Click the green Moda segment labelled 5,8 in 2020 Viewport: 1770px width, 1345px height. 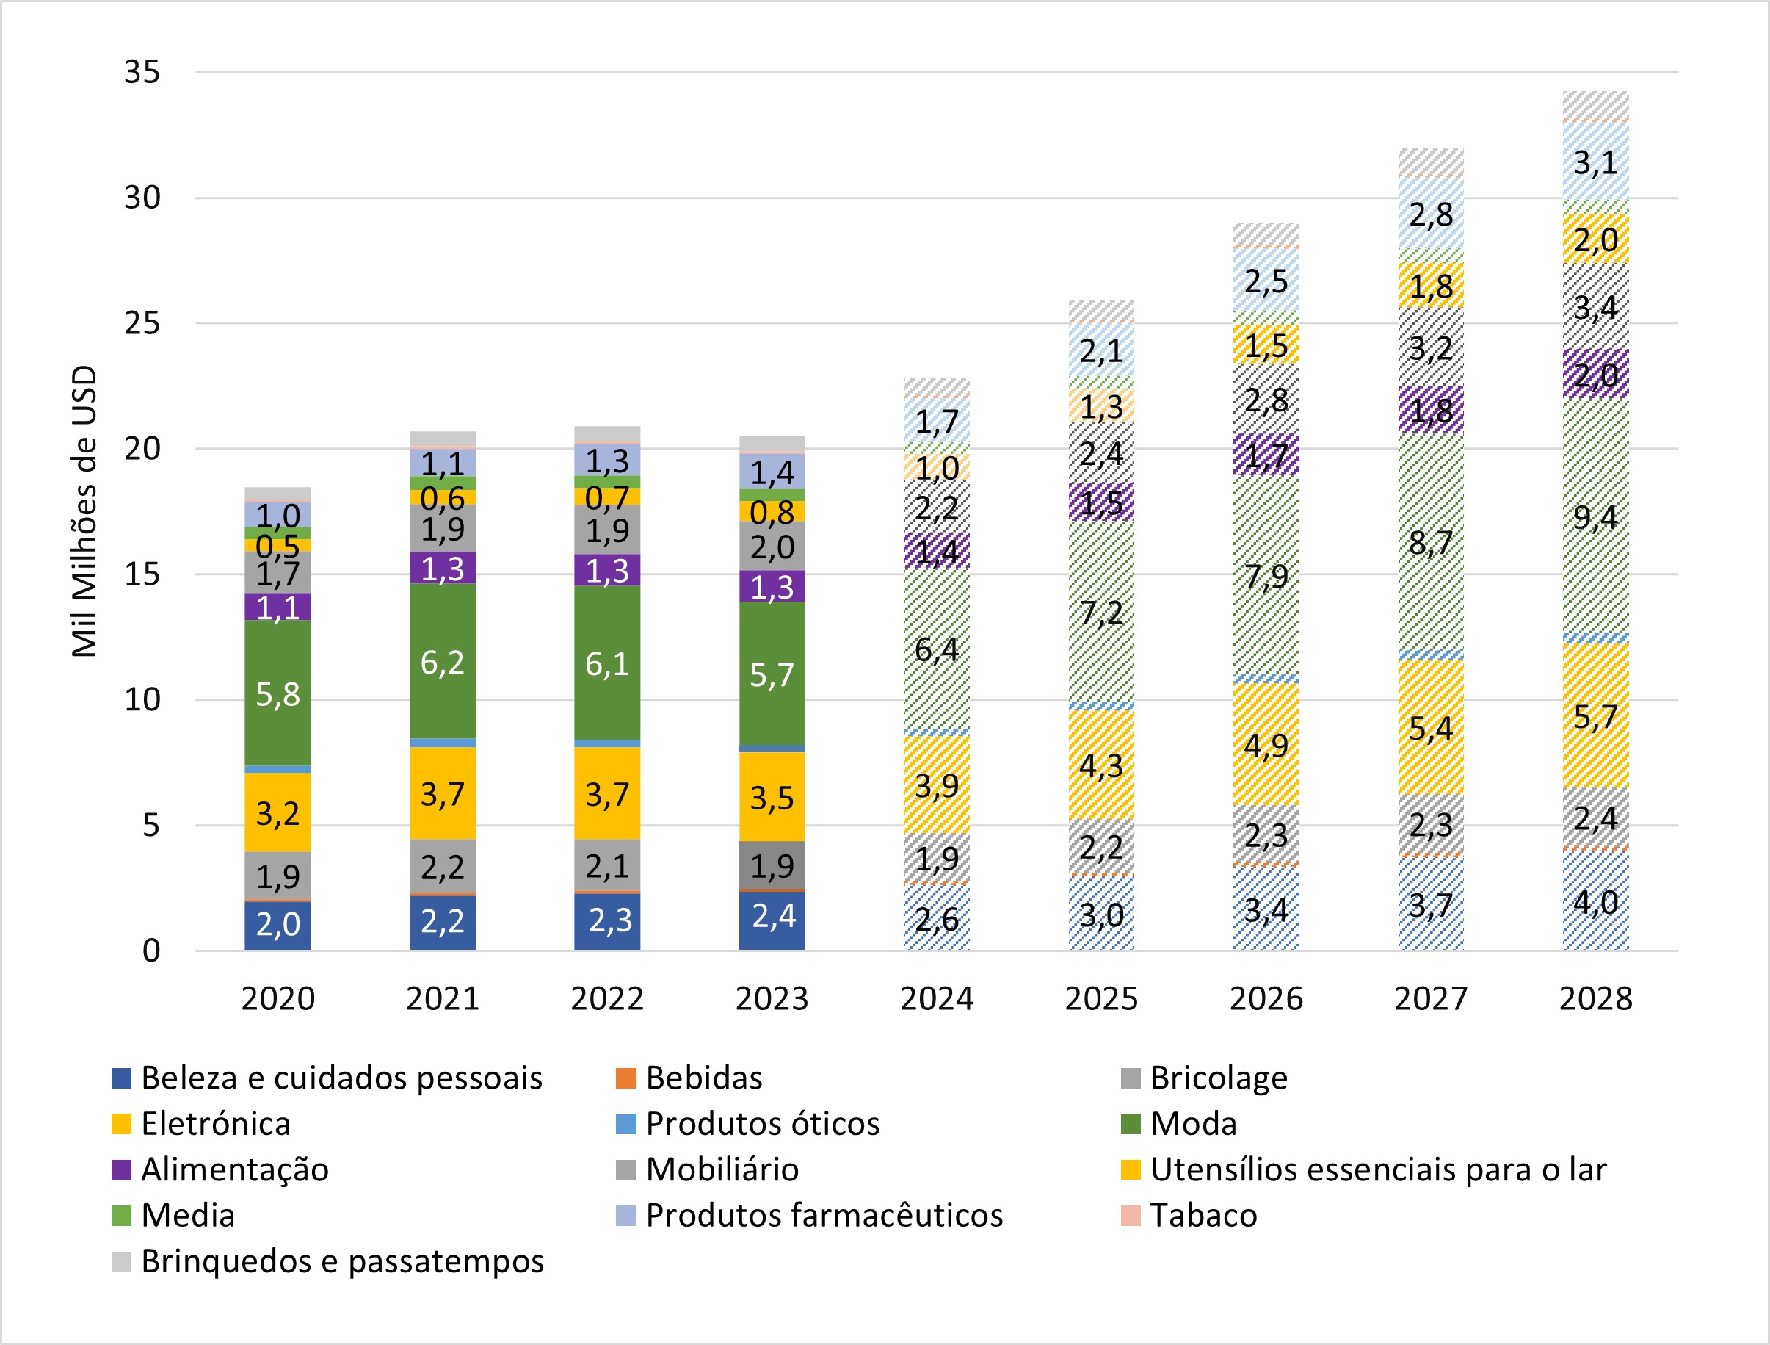pyautogui.click(x=278, y=693)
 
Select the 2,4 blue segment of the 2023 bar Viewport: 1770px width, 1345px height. pyautogui.click(x=772, y=917)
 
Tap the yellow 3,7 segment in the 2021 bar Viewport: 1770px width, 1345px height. pyautogui.click(x=443, y=794)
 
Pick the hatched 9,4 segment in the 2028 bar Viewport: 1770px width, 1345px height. pyautogui.click(x=1595, y=517)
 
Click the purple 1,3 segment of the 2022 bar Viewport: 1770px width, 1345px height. pyautogui.click(x=607, y=571)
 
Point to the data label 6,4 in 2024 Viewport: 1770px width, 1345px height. pyautogui.click(x=936, y=649)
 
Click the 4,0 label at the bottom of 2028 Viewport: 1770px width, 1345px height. pyautogui.click(x=1595, y=902)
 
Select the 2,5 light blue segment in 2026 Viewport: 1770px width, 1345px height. pyautogui.click(x=1266, y=281)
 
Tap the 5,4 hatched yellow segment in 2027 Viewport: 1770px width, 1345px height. pyautogui.click(x=1431, y=728)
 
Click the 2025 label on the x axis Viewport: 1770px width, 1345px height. pyautogui.click(x=1101, y=999)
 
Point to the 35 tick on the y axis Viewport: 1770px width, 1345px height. pyautogui.click(x=142, y=72)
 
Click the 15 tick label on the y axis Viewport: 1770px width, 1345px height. pyautogui.click(x=142, y=574)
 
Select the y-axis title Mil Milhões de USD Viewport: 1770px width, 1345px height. pyautogui.click(x=84, y=513)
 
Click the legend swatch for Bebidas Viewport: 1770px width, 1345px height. pyautogui.click(x=625, y=1078)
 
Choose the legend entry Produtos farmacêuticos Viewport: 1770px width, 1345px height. pyautogui.click(x=824, y=1215)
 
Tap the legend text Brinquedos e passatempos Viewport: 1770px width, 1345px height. pyautogui.click(x=343, y=1261)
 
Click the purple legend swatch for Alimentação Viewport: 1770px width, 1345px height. pyautogui.click(x=121, y=1169)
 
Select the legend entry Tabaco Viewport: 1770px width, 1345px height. pyautogui.click(x=1203, y=1215)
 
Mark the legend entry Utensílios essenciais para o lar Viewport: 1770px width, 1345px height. pyautogui.click(x=1378, y=1169)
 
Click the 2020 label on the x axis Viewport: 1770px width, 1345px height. pyautogui.click(x=278, y=999)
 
